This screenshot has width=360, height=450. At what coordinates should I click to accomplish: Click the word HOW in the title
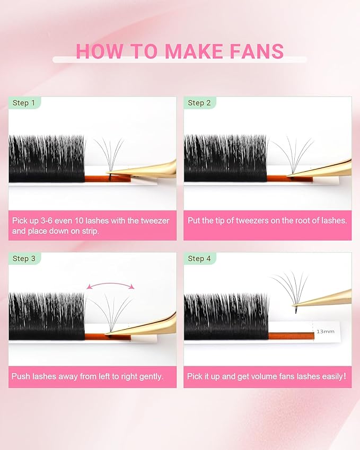(100, 51)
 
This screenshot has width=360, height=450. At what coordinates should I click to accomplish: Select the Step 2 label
(199, 103)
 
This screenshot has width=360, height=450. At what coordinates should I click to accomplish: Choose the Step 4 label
(199, 258)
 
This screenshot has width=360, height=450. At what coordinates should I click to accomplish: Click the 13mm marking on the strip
(324, 331)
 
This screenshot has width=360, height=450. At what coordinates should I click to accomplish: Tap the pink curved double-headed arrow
(110, 285)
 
